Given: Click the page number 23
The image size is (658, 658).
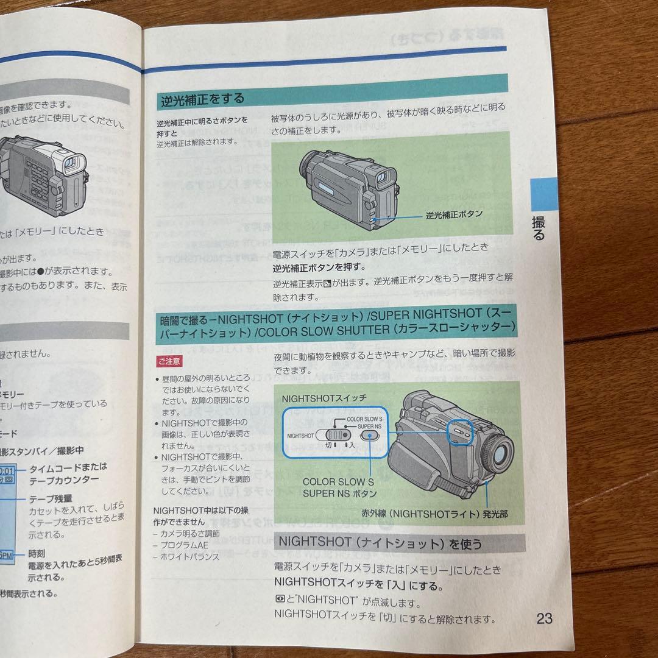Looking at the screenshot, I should (x=544, y=619).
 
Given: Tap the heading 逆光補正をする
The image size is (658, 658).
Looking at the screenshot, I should (x=202, y=98).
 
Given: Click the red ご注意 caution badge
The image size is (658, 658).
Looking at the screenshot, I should (x=169, y=361).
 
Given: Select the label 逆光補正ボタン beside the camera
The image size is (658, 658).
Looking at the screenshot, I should (x=454, y=214).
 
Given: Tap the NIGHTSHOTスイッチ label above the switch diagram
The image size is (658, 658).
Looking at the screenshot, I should (x=324, y=397).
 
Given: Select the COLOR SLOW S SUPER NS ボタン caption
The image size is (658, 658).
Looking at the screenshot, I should (x=339, y=487).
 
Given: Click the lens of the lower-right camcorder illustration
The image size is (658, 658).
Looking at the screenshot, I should (x=501, y=451).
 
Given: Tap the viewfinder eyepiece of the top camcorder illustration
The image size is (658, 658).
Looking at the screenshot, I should (x=383, y=178).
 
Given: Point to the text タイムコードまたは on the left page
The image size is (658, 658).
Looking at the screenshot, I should (x=68, y=467).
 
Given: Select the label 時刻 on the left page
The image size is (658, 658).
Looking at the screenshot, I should (x=37, y=554).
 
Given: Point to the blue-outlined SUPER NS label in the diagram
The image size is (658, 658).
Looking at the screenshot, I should (x=370, y=427).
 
